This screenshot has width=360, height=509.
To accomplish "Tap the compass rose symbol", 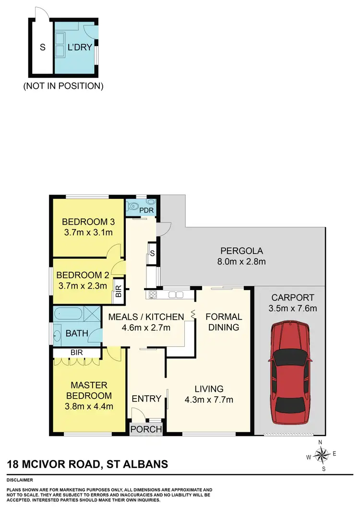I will (x=324, y=453).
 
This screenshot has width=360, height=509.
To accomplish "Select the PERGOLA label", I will (x=242, y=251).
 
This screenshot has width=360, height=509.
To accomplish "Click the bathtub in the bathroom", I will (x=70, y=315).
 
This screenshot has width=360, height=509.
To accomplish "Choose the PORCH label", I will (x=146, y=429).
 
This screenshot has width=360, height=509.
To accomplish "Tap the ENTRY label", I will (x=146, y=398).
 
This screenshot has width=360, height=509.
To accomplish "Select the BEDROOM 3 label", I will (x=87, y=222).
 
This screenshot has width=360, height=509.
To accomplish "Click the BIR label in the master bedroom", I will (x=77, y=352).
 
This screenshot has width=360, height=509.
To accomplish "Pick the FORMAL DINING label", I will (x=224, y=322).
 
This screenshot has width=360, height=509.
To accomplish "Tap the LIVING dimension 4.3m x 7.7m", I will (x=209, y=400).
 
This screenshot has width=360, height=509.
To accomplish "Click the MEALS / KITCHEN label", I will (x=146, y=316).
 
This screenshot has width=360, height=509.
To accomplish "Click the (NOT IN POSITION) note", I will (x=63, y=86).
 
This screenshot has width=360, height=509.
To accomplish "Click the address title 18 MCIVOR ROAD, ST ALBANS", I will (x=87, y=464).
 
